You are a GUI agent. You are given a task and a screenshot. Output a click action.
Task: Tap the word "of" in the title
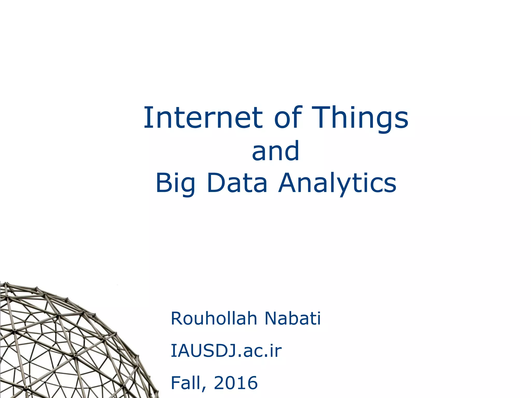point(288,118)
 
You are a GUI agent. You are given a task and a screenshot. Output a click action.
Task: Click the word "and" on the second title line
point(276,151)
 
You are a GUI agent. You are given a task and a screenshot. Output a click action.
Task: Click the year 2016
point(236,383)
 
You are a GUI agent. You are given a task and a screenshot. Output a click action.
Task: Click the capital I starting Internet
point(147,118)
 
